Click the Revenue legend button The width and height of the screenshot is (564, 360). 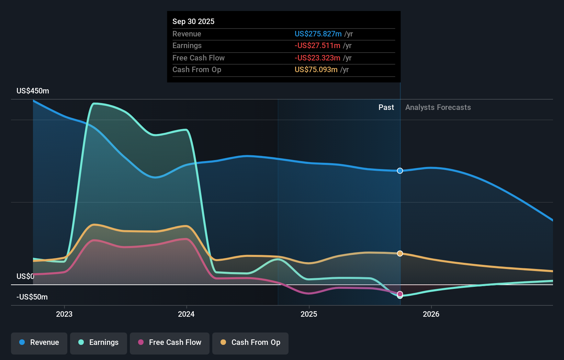39,342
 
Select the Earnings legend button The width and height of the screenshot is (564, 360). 99,342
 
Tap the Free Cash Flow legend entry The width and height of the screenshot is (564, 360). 170,342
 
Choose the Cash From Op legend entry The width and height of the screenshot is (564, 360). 250,342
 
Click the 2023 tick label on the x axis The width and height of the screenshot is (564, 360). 64,314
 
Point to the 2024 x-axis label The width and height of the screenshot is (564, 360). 186,314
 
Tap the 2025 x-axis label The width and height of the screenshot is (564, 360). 309,314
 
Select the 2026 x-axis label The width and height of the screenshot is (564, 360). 431,314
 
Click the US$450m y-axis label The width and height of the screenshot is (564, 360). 33,91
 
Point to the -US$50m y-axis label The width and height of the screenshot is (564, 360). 32,297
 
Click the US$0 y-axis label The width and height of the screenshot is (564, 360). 25,277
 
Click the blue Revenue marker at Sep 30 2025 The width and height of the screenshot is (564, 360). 400,171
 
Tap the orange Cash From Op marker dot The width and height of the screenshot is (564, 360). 400,254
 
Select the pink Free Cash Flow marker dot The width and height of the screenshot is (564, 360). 400,294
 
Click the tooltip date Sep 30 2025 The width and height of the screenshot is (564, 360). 193,22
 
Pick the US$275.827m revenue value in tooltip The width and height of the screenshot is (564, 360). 318,34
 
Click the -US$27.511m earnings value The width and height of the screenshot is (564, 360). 317,46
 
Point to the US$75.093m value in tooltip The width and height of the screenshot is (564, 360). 316,70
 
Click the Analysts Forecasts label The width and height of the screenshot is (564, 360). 438,108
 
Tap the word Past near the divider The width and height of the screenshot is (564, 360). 386,108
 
